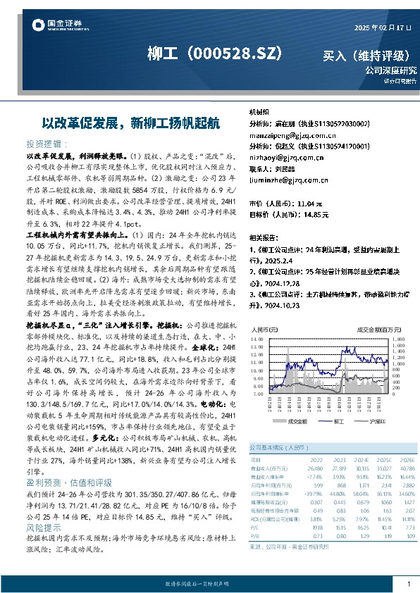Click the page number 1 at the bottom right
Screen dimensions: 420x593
[x=409, y=584]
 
